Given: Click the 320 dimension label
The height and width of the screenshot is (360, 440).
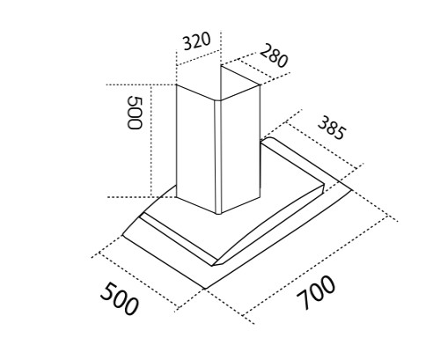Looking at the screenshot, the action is click(196, 41).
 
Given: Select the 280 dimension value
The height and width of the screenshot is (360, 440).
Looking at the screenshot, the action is click(274, 55).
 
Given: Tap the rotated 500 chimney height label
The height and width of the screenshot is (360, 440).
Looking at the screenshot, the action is click(135, 113).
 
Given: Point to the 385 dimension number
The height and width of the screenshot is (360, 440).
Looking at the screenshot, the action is click(332, 128).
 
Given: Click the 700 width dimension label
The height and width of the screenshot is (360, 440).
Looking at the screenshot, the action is click(315, 292).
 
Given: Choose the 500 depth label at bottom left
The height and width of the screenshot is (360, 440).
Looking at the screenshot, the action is click(119, 298).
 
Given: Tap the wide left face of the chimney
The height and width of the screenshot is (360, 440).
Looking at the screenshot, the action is click(195, 147).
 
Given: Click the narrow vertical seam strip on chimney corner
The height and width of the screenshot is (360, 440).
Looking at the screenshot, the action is click(218, 157).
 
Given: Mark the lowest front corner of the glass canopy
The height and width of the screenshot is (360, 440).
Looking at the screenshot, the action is click(207, 289).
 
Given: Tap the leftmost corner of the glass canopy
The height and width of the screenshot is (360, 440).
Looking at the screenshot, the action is click(122, 234).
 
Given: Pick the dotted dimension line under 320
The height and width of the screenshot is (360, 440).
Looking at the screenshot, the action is click(198, 57).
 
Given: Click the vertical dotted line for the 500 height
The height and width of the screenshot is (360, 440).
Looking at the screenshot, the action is click(151, 141).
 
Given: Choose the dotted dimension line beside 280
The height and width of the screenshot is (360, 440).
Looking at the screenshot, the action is click(258, 69).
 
